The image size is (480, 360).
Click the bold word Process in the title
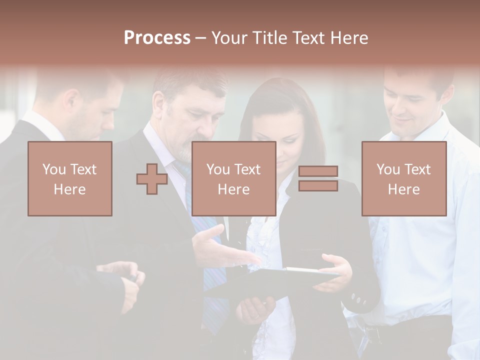tap(157, 38)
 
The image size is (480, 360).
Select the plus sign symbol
tap(152, 178)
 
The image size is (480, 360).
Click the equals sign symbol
tap(318, 178)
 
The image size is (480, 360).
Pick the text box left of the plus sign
tap(70, 178)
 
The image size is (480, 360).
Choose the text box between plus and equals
tap(233, 178)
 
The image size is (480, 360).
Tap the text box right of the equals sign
tap(403, 178)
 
